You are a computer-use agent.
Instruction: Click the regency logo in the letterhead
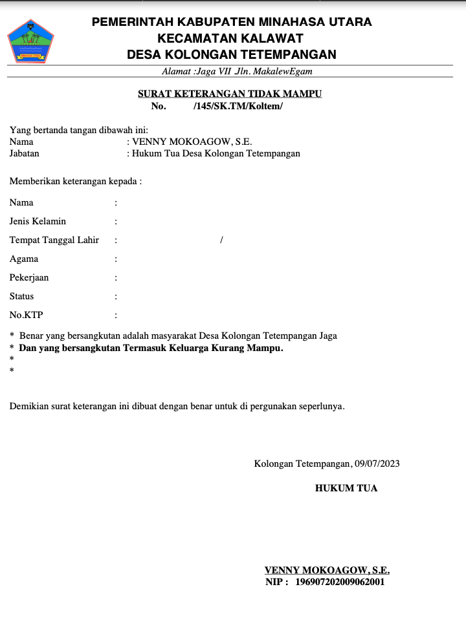[x=30, y=41]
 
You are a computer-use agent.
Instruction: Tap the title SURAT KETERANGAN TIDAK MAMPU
[x=230, y=94]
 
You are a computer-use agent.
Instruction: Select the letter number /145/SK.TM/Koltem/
[x=238, y=106]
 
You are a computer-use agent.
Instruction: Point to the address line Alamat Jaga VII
[x=237, y=71]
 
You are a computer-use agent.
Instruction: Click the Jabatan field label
[x=25, y=153]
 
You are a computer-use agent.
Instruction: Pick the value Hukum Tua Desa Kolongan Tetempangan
[x=216, y=153]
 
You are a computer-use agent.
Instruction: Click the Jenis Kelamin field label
[x=38, y=221]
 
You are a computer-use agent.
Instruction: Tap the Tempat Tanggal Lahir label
[x=54, y=240]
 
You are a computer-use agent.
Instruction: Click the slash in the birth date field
[x=221, y=240]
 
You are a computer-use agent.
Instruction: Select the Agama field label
[x=24, y=259]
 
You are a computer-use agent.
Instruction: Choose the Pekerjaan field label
[x=29, y=277]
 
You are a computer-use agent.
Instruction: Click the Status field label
[x=22, y=296]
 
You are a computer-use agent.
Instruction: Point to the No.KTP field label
[x=27, y=315]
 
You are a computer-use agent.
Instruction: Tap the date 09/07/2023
[x=377, y=464]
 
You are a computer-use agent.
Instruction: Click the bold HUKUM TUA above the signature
[x=346, y=488]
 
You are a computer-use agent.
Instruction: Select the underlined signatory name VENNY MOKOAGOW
[x=327, y=570]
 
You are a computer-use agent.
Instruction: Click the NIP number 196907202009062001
[x=340, y=582]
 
